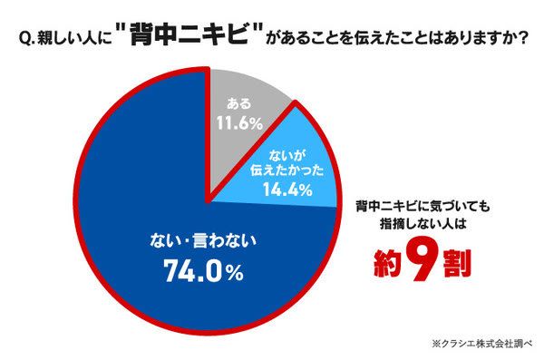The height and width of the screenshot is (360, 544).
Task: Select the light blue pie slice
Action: [x=291, y=167]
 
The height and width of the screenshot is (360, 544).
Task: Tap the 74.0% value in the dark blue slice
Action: [x=203, y=271]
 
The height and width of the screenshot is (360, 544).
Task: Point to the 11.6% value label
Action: [x=239, y=123]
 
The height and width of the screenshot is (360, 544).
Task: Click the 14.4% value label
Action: [x=287, y=190]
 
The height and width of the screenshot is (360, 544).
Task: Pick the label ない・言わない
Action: [x=203, y=241]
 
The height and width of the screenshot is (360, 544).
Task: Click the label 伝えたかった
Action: [x=287, y=170]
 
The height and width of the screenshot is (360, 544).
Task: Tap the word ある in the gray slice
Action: [x=238, y=103]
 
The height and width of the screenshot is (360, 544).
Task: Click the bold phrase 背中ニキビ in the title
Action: [x=189, y=34]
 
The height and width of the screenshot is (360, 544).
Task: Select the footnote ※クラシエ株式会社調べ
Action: [x=482, y=344]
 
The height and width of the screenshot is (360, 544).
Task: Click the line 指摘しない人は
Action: [x=423, y=224]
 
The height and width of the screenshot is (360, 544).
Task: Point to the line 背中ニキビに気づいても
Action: [x=423, y=207]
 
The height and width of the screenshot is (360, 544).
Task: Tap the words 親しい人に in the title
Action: [x=74, y=38]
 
